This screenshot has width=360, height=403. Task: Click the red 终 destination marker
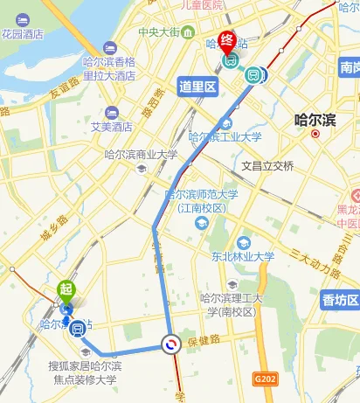[226, 41]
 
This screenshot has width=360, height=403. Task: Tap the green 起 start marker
[66, 289]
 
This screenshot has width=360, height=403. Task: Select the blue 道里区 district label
[197, 86]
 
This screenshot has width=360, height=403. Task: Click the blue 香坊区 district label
[340, 300]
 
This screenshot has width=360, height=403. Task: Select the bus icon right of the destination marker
[254, 74]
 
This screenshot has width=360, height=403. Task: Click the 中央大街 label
[158, 33]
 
